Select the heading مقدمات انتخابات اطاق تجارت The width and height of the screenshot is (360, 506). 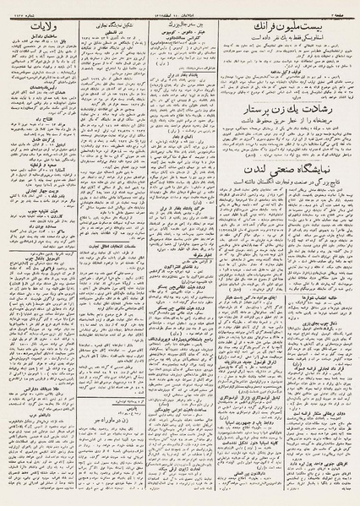coord(112,246)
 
